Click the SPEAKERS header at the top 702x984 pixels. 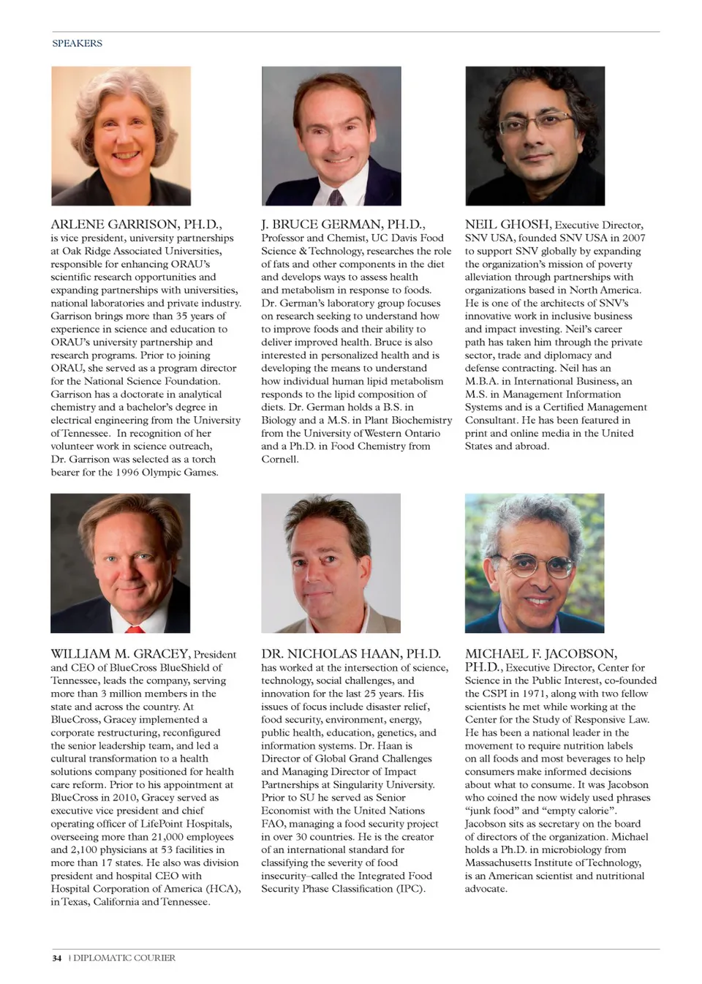(77, 43)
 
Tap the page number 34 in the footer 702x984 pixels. (56, 958)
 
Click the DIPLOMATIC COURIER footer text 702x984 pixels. (124, 958)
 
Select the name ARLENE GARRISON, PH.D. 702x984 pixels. (136, 224)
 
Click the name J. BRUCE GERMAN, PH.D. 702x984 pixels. (343, 224)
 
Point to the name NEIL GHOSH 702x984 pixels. (507, 224)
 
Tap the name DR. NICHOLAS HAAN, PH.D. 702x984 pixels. (351, 653)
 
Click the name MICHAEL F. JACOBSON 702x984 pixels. (541, 653)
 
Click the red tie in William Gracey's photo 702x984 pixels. (135, 628)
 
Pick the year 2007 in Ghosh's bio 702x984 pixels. (633, 238)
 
